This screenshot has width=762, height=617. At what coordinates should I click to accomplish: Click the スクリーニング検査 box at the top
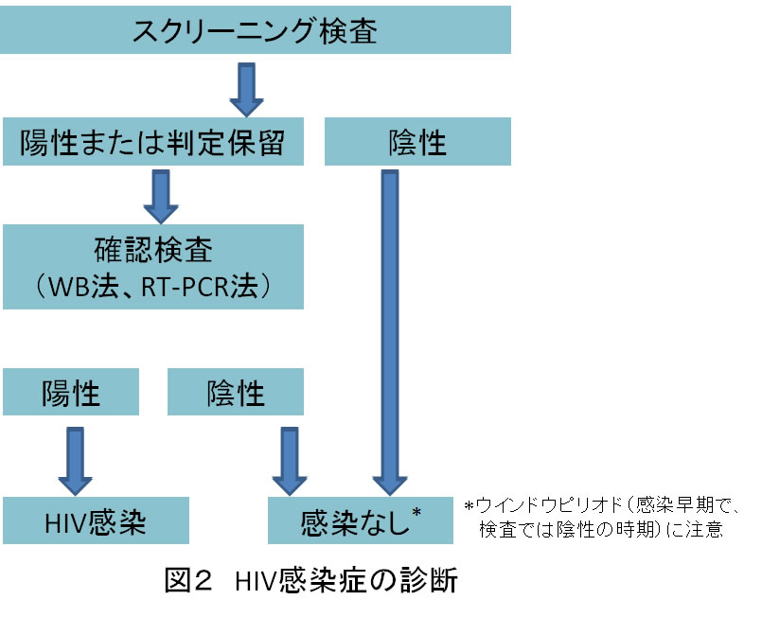[x=256, y=31]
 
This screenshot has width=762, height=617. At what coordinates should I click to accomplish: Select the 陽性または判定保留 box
[x=152, y=144]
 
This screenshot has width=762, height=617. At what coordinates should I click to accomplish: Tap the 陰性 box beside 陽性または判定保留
[x=417, y=144]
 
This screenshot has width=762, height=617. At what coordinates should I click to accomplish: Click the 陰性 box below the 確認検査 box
[x=236, y=392]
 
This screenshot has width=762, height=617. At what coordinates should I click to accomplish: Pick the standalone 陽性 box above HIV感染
[x=71, y=392]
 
